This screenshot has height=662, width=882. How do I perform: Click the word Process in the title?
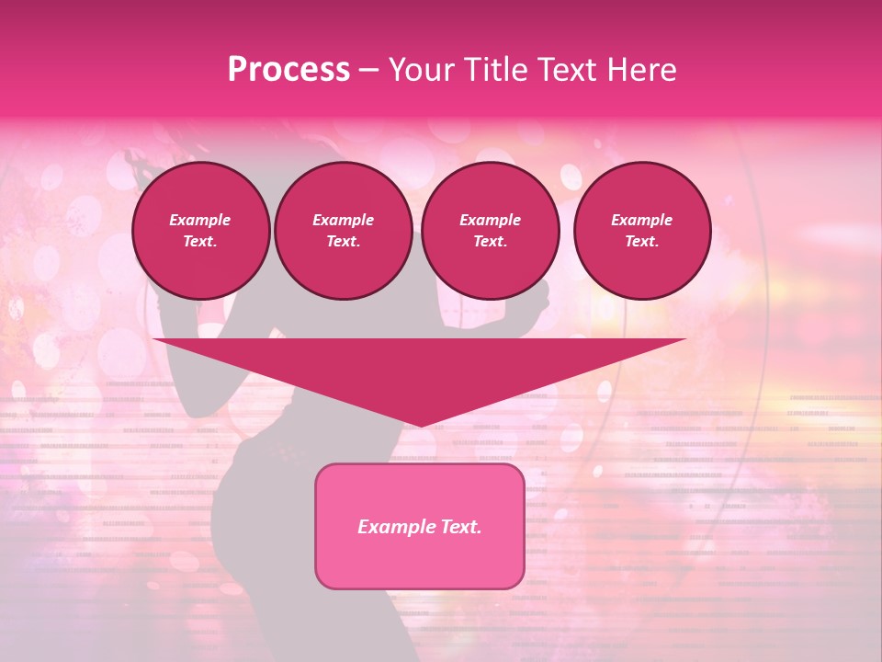point(288,70)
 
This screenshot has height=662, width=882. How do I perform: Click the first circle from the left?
point(200,231)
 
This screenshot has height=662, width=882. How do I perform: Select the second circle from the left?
point(343,231)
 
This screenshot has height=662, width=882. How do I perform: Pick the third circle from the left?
point(490,231)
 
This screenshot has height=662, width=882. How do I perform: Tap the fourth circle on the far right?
point(641,231)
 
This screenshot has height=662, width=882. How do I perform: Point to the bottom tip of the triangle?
point(420,425)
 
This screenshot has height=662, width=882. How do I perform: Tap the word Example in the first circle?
point(200,220)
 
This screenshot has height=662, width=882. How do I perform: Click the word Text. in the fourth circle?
point(641,241)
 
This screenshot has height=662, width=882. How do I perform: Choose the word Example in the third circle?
point(490,220)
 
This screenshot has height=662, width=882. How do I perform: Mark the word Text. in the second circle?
point(343,241)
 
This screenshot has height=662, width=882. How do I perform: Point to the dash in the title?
point(369,71)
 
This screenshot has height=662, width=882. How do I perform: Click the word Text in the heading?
point(560,70)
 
